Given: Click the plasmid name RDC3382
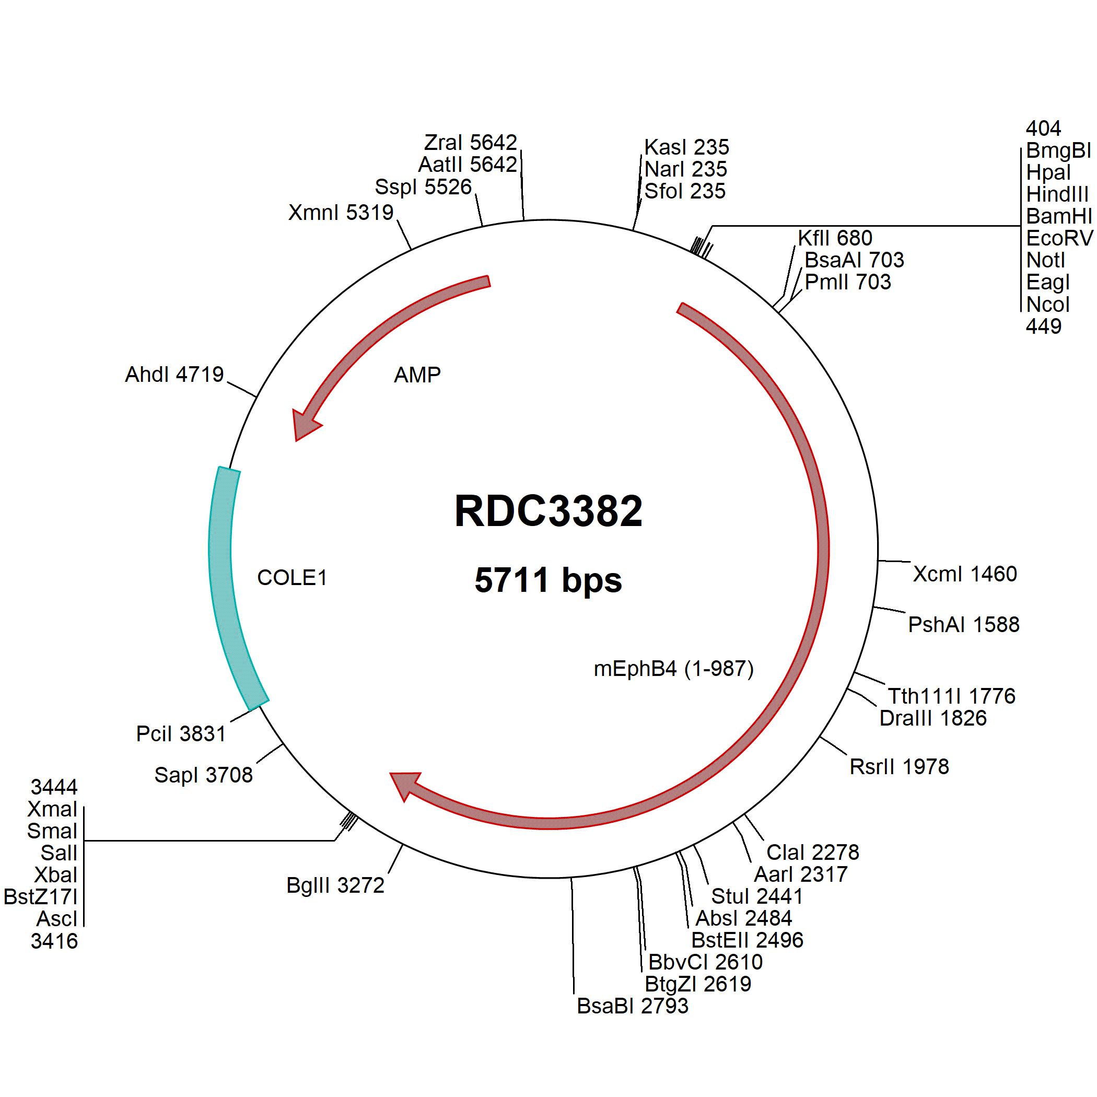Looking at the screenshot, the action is (x=548, y=510).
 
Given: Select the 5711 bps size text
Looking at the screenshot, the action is (x=548, y=580).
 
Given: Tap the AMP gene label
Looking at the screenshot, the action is (x=417, y=375).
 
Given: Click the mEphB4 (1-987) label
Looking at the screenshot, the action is (x=673, y=668).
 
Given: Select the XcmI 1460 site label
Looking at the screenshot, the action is (x=965, y=574).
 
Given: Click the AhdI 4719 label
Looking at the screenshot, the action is (x=174, y=374).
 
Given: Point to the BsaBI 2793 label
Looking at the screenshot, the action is (x=633, y=1006).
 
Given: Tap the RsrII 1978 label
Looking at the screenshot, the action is (x=899, y=766).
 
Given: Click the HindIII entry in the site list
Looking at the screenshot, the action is (x=1057, y=194).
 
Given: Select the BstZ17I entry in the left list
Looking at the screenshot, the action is (x=40, y=896).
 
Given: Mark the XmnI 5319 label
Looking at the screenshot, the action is (x=341, y=213).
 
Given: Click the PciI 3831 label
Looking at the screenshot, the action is (x=181, y=733).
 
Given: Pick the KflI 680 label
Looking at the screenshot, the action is (x=835, y=238).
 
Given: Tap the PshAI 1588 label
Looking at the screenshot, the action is (x=964, y=624).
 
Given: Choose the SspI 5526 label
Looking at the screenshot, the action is (x=423, y=187).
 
